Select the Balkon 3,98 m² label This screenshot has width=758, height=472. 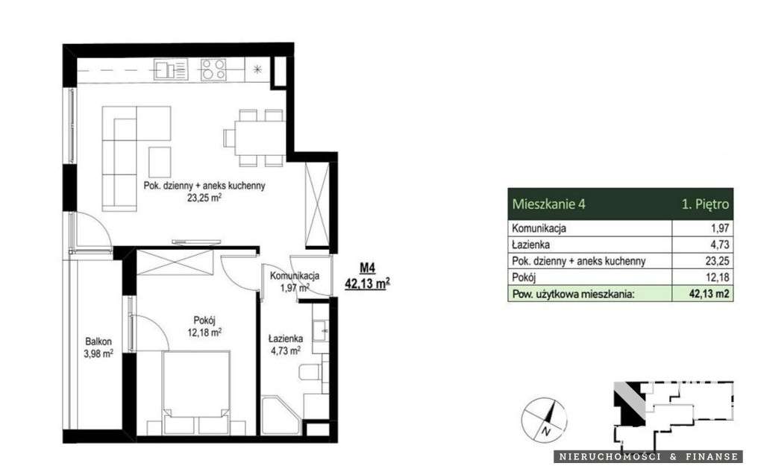[x=98, y=349]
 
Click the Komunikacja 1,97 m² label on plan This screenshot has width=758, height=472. [x=295, y=281]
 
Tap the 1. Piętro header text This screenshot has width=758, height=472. [x=704, y=203]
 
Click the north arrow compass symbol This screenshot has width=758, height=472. [x=541, y=418]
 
